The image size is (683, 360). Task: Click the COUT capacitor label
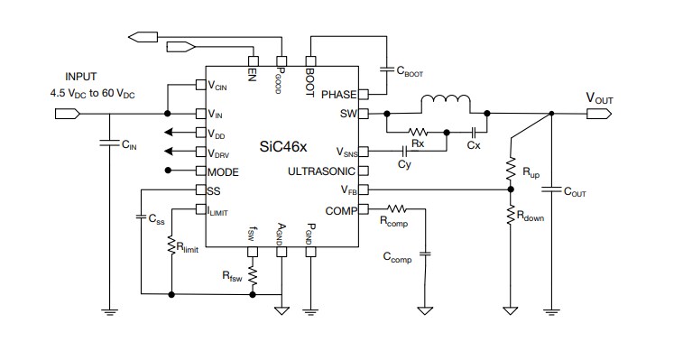pos(576,191)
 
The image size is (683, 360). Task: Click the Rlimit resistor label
pos(187,247)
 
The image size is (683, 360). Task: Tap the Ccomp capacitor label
pos(396,257)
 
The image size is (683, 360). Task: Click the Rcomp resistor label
pos(393,219)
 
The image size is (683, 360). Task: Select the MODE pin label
pos(223,171)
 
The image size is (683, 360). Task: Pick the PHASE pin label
pos(338,94)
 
